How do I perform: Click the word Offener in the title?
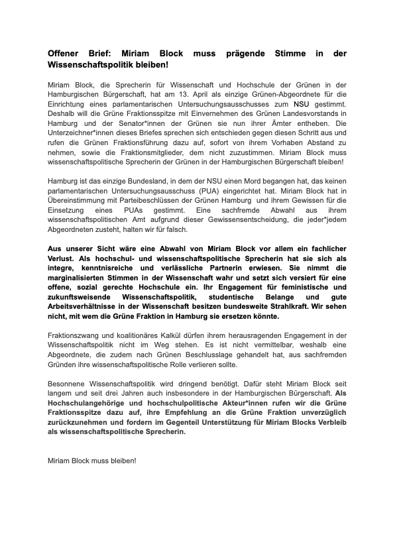pyautogui.click(x=67, y=53)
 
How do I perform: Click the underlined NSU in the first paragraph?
pyautogui.click(x=301, y=104)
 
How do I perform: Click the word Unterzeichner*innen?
pyautogui.click(x=80, y=133)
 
